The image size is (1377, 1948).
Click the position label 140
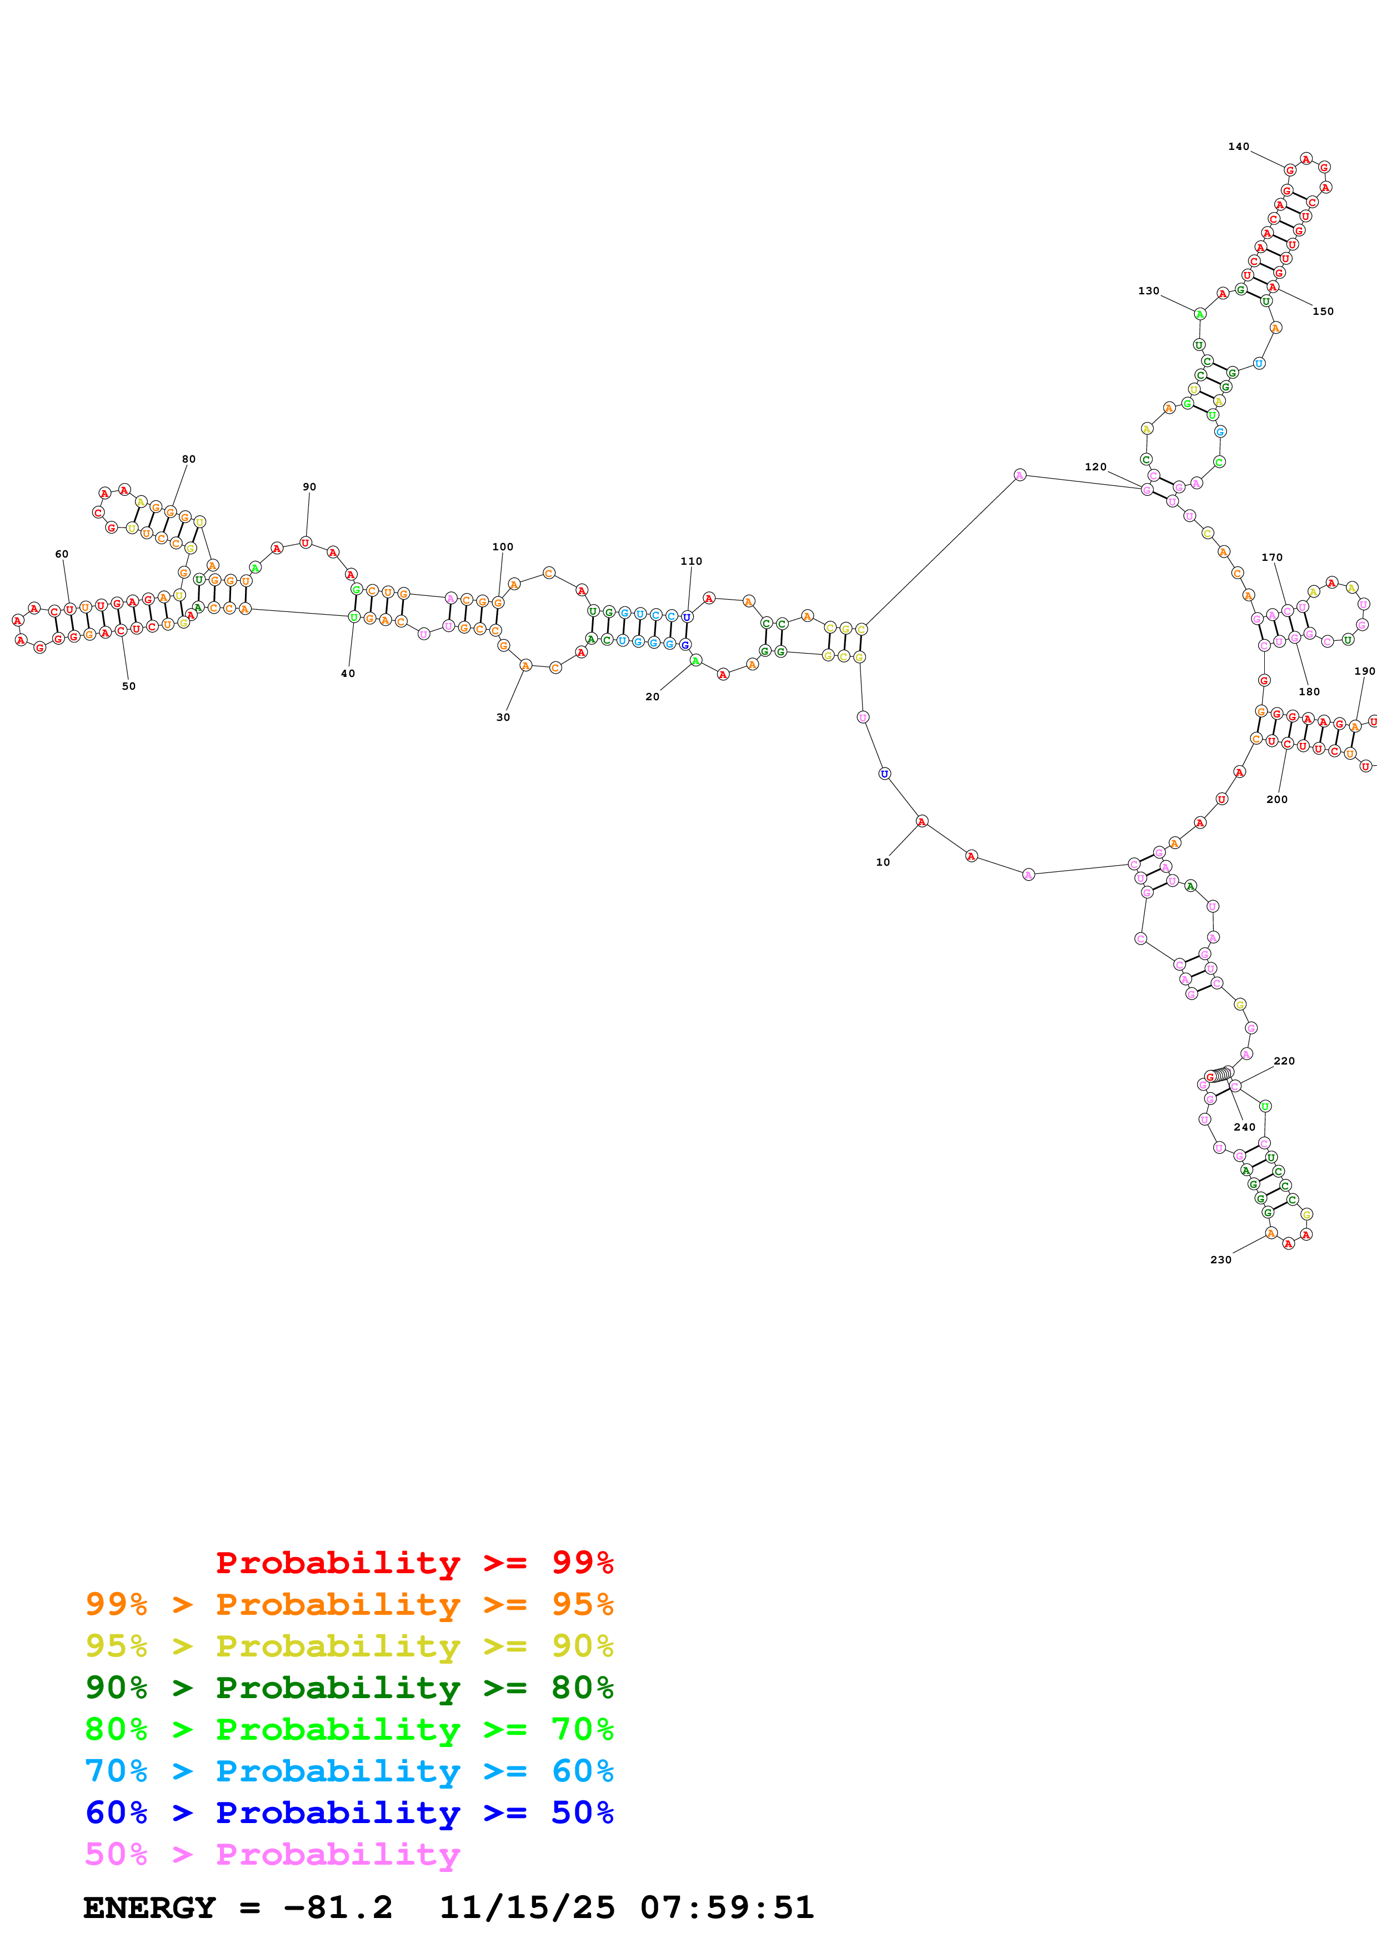tap(1238, 147)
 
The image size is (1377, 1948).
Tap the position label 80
tap(188, 459)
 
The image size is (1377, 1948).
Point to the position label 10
tap(883, 862)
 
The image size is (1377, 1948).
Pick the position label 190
tap(1364, 671)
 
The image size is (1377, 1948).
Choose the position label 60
tap(62, 554)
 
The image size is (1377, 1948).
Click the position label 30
tap(503, 717)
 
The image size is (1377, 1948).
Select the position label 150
tap(1323, 312)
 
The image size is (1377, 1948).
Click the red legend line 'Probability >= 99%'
tap(414, 1563)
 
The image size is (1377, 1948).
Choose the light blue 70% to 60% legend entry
tap(349, 1771)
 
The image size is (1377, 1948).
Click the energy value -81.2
tap(338, 1908)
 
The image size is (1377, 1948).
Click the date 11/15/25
tap(526, 1908)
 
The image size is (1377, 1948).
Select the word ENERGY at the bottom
tap(149, 1908)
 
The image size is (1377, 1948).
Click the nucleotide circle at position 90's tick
tap(306, 542)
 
